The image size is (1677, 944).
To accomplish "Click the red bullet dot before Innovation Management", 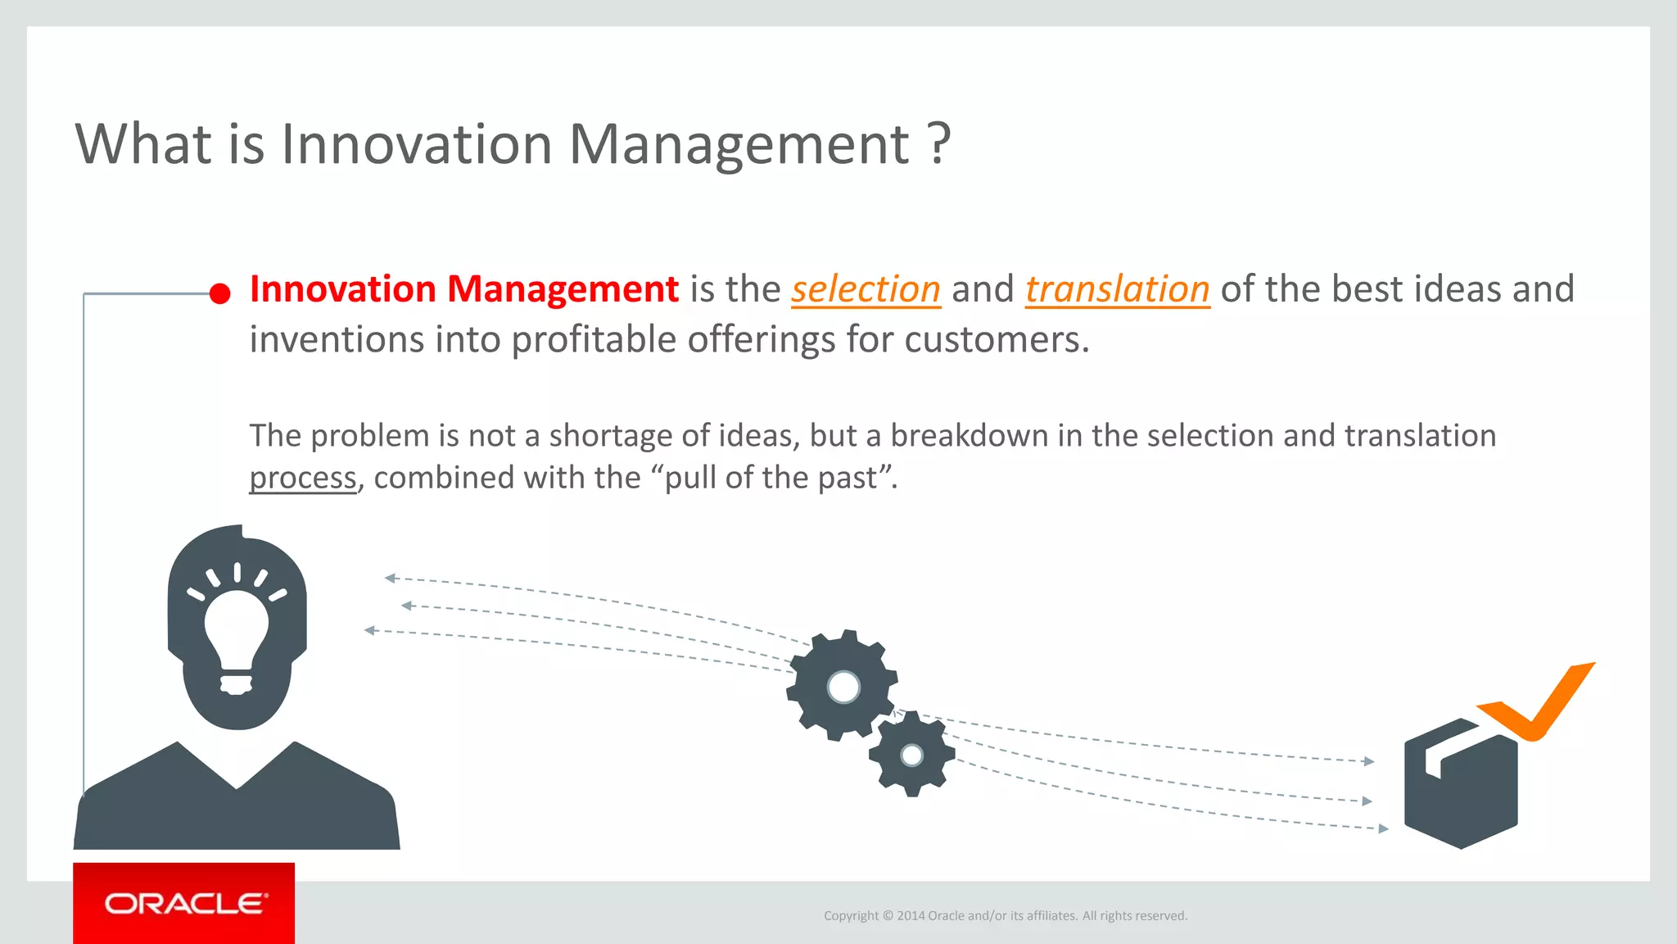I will coord(219,294).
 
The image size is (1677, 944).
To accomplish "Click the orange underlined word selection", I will coord(866,290).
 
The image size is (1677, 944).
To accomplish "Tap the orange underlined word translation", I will coord(1117,290).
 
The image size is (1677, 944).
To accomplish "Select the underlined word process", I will coord(303,479).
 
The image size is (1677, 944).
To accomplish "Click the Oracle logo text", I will coord(186,904).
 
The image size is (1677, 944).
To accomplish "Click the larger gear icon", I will coord(842,686).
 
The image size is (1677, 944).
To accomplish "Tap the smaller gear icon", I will coord(911,755).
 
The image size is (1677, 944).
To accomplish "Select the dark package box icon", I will coord(1460,787).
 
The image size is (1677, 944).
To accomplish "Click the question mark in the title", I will coord(940,145).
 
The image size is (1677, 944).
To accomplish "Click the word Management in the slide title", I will coord(739,145).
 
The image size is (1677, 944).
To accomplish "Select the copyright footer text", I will coord(1005,916).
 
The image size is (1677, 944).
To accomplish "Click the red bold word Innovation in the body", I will coord(342,289).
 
